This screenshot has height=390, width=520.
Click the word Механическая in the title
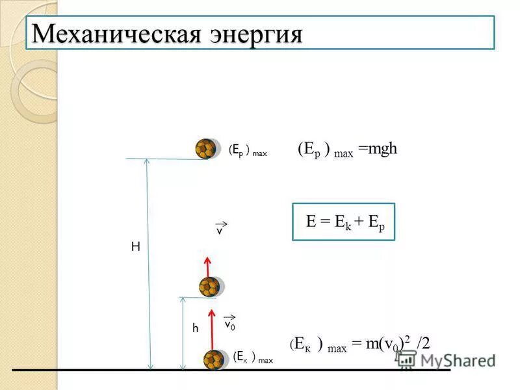pos(111,33)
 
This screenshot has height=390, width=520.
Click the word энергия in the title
pos(255,34)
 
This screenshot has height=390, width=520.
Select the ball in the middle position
pos(209,287)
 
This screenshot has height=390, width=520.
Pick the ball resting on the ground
pos(214,359)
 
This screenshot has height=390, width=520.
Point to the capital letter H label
pos(136,247)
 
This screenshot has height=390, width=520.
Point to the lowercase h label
pos(194,329)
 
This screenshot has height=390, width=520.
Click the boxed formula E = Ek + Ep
pos(343,222)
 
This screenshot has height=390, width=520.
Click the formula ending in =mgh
pos(347,150)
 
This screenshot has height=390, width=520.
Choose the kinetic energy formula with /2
pos(359,344)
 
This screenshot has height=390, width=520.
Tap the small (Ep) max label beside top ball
pos(248,151)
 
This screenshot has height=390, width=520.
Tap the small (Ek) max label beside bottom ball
pos(253,357)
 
